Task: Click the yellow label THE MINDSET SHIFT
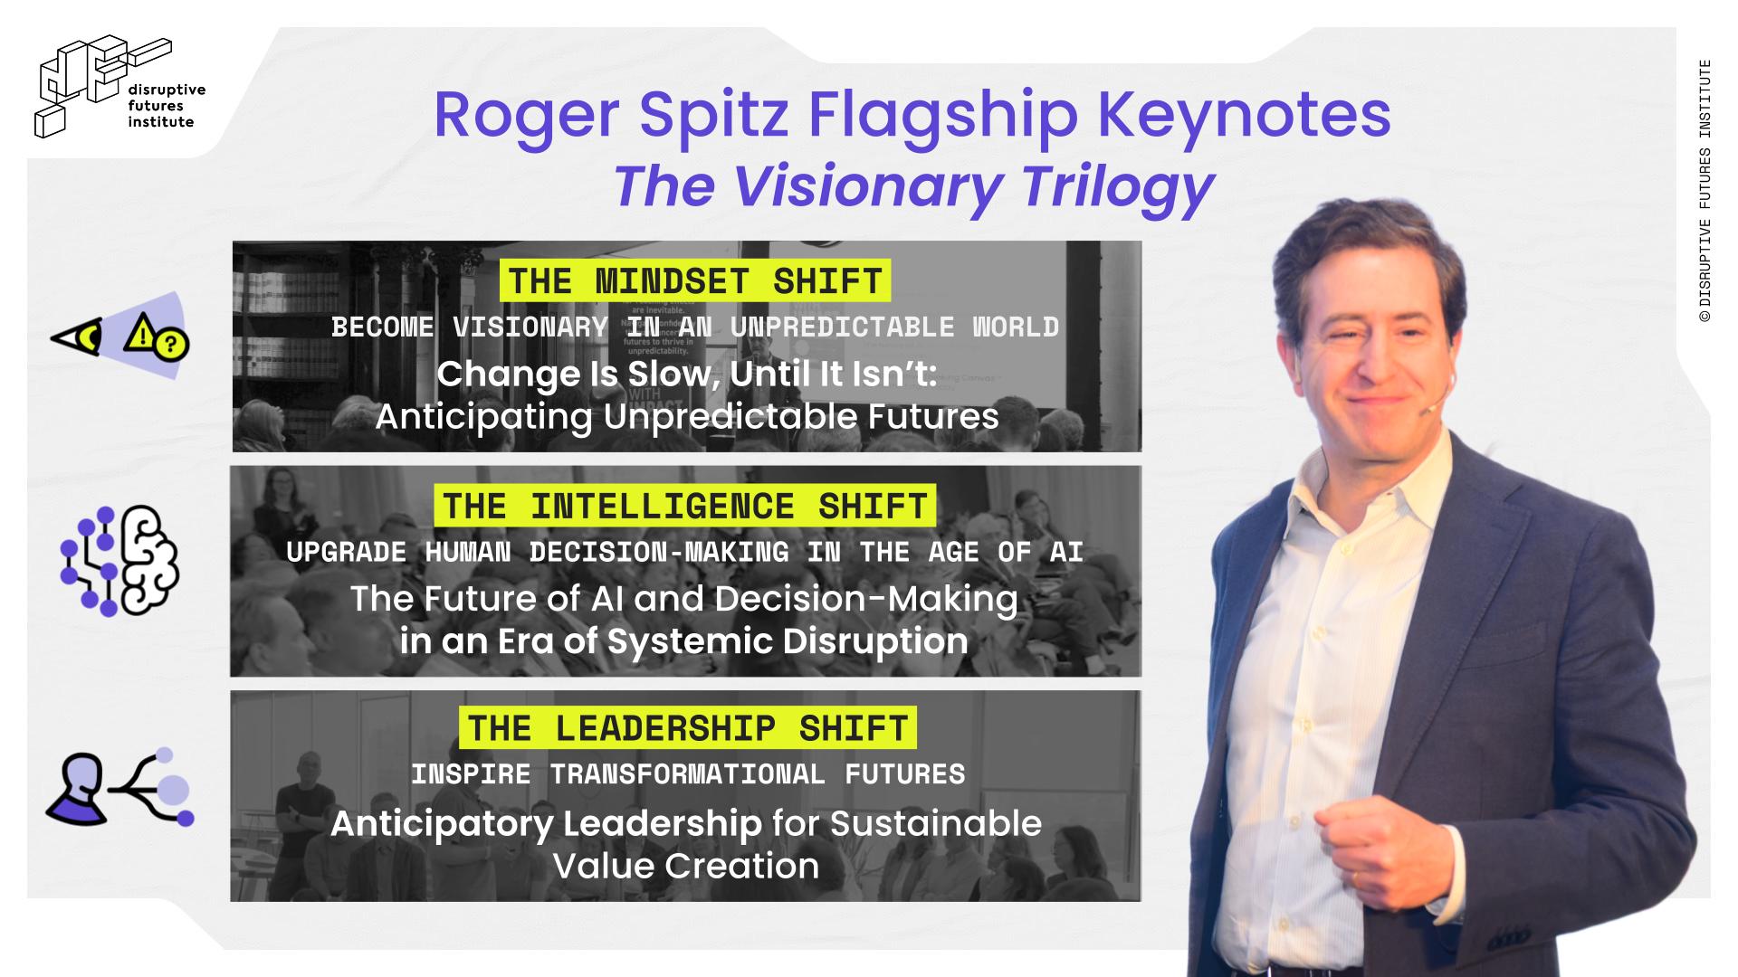tap(695, 281)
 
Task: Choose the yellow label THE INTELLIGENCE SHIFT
tap(685, 506)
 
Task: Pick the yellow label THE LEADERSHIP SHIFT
tap(688, 728)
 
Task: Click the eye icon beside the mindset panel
tap(76, 338)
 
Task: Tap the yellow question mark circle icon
tap(172, 345)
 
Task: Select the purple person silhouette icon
tap(76, 789)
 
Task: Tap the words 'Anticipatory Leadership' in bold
tap(546, 825)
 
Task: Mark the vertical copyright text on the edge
tap(1705, 192)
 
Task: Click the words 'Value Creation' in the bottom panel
tap(686, 867)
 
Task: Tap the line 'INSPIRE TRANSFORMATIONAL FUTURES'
tap(688, 775)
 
